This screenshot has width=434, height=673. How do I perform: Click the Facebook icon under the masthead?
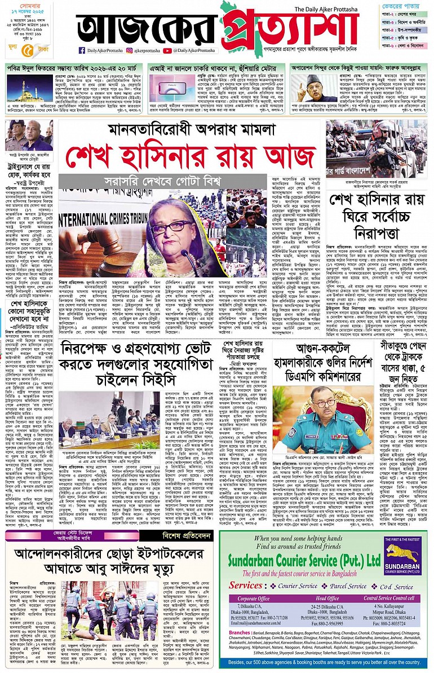tap(82, 50)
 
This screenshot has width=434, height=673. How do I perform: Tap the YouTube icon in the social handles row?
tap(167, 50)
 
